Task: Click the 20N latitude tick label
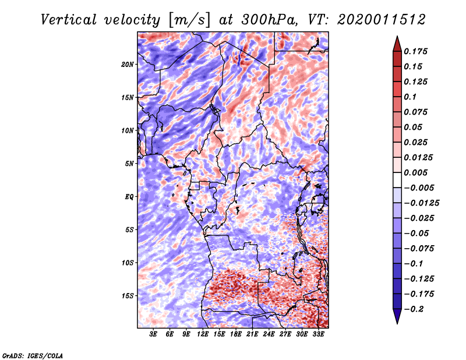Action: pos(128,64)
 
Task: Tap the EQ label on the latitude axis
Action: pos(129,196)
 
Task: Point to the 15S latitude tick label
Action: pos(128,296)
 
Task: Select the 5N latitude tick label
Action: pos(129,164)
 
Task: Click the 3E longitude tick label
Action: pos(153,334)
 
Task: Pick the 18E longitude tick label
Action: pos(236,334)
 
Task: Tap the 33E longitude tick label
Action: pos(318,334)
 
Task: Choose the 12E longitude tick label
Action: pos(203,334)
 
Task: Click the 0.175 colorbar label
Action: pos(415,51)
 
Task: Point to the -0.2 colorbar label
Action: pos(414,309)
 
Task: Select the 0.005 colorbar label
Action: pos(415,172)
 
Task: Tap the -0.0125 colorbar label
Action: pos(421,203)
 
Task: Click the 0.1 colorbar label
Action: pos(410,97)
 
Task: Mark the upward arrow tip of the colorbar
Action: pos(397,36)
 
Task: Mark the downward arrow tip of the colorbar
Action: pos(397,323)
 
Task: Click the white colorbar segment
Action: pos(397,180)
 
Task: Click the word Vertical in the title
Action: pos(69,20)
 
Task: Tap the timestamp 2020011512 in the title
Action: pos(382,20)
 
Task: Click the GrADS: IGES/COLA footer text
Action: pos(33,355)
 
